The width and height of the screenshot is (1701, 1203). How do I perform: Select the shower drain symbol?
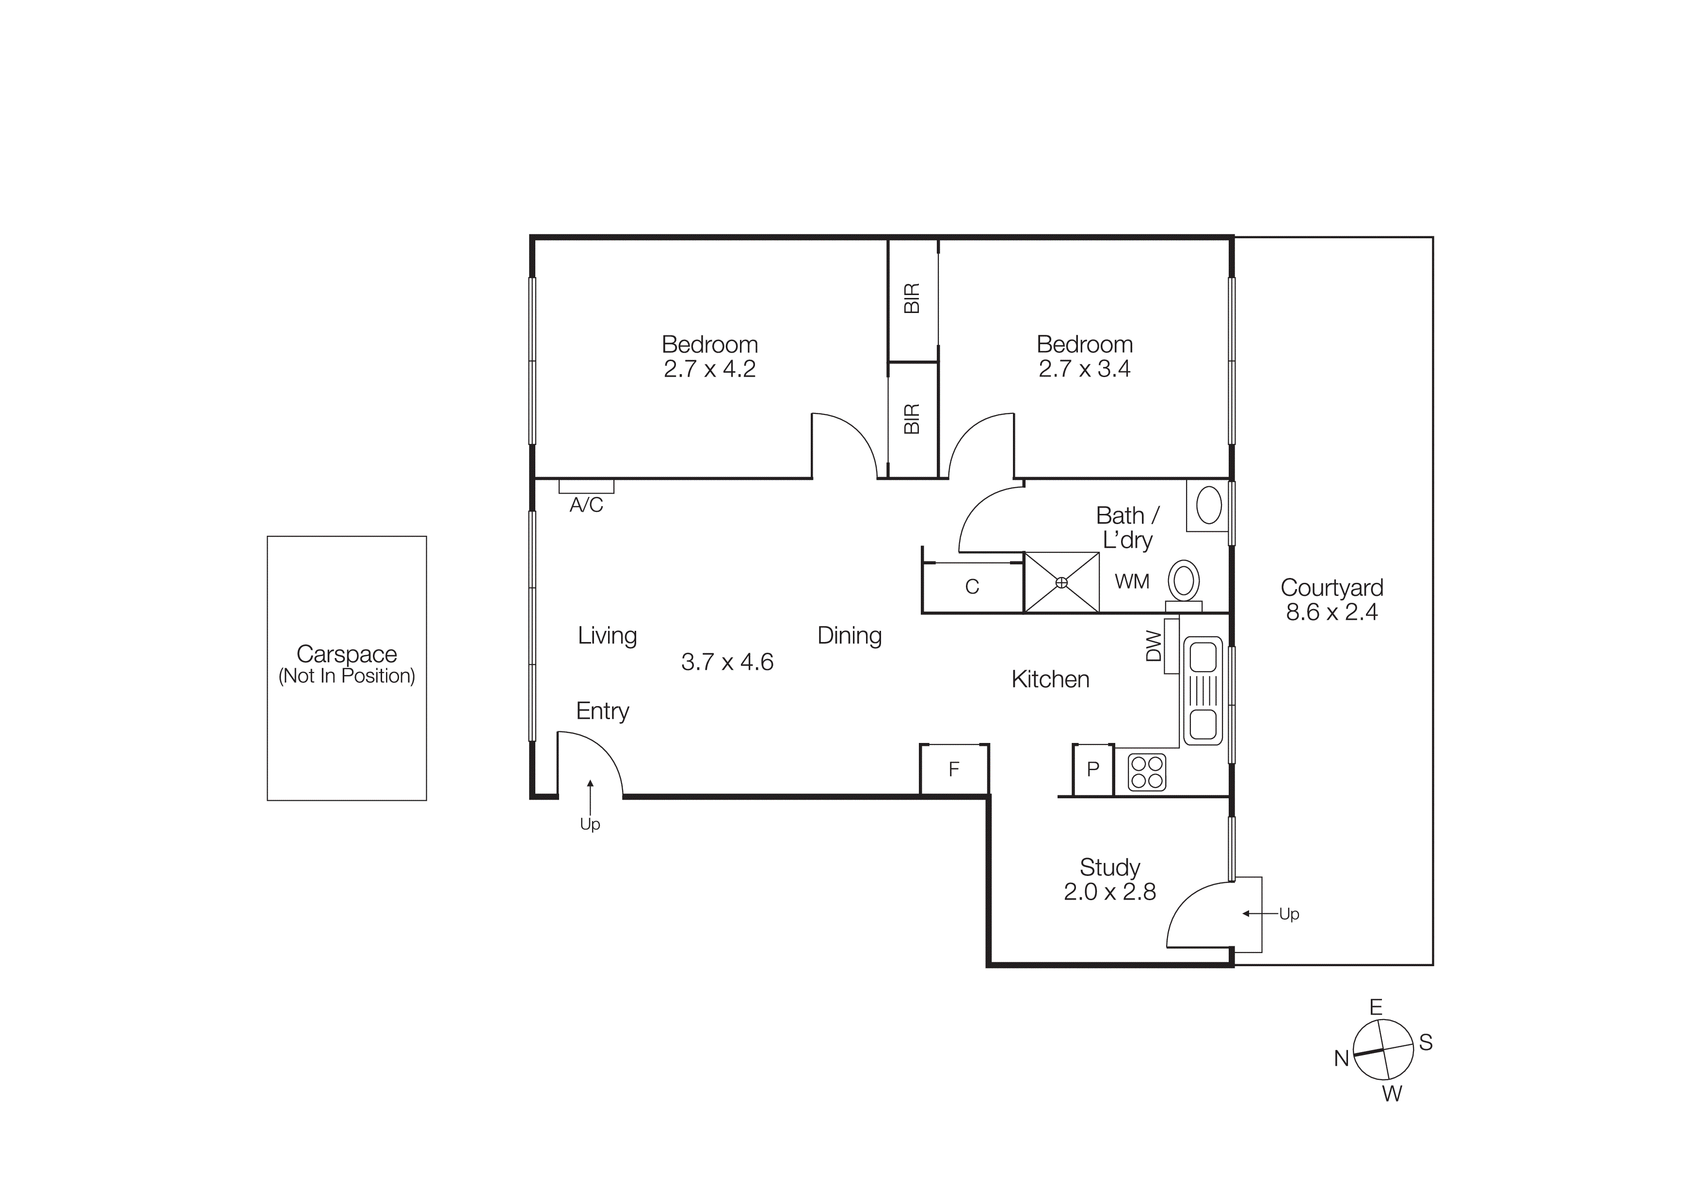coord(1061,583)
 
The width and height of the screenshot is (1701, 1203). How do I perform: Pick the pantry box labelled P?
coord(1093,769)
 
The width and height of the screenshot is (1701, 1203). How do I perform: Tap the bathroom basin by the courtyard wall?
coord(1208,506)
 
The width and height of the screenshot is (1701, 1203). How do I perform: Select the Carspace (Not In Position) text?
coord(347,665)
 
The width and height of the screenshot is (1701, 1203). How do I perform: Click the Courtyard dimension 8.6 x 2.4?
coord(1332,612)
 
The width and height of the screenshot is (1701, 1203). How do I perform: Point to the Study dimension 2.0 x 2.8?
coord(1109,891)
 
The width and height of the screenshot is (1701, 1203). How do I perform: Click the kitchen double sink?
coord(1203,691)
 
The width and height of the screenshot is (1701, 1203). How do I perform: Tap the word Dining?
coord(849,635)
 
